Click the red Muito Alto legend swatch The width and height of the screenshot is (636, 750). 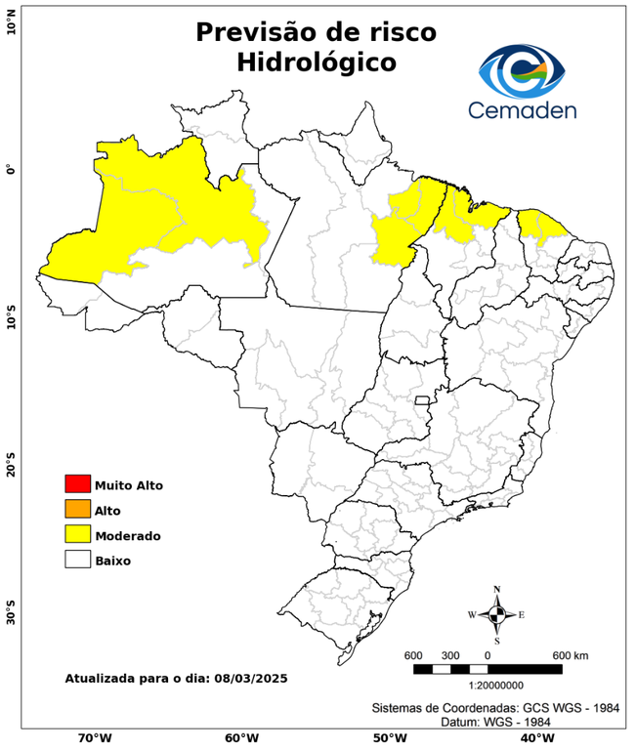point(77,483)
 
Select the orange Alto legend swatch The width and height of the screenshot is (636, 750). point(77,509)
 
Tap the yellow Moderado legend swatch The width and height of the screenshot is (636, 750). point(77,534)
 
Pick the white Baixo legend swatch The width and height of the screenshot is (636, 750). point(77,560)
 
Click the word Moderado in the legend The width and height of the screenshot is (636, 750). point(128,535)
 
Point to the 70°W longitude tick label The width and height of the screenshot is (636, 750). point(94,737)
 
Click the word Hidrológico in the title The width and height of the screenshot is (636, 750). point(316,62)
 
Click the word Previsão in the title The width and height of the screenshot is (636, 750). point(256,32)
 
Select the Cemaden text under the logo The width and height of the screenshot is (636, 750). point(522,109)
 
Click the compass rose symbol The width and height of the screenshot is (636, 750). point(497,614)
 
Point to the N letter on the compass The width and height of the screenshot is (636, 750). point(497,589)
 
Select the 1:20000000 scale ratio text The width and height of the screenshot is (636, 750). point(487,687)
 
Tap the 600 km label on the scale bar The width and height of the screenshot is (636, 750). point(571,654)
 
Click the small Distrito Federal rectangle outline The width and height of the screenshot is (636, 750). point(423,400)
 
